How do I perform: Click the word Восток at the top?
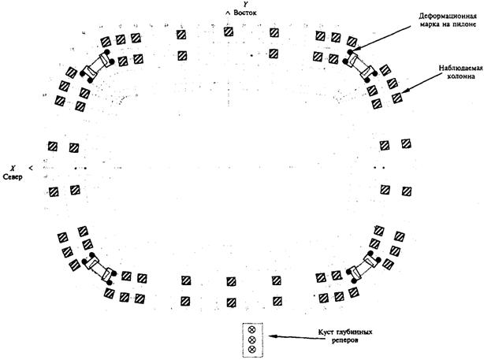pos(245,13)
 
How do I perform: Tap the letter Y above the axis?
pos(245,4)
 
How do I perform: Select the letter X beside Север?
pos(13,169)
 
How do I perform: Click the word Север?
pos(13,177)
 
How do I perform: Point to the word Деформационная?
pos(447,16)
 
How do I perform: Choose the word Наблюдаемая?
pos(460,69)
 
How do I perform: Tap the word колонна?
pos(461,76)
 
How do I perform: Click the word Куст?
pos(326,332)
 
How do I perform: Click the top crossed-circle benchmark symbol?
pos(252,330)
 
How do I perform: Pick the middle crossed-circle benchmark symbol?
pos(252,340)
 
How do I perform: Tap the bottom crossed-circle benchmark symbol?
pos(252,350)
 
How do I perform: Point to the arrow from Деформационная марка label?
pos(385,37)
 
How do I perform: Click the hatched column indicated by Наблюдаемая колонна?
pos(397,98)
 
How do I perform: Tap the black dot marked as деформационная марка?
pos(350,51)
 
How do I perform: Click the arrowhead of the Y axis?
pos(228,13)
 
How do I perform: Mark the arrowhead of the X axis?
pos(31,168)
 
